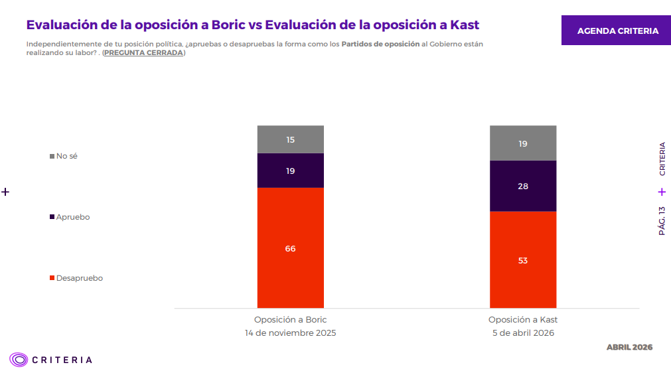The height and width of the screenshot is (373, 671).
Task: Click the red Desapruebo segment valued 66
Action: [x=290, y=248]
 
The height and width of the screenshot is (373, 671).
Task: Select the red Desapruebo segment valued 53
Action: [x=522, y=260]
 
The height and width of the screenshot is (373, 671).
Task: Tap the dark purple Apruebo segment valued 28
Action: [x=522, y=186]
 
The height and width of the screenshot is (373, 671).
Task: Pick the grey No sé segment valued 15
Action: [x=290, y=139]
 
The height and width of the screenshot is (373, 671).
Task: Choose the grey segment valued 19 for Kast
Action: [x=522, y=143]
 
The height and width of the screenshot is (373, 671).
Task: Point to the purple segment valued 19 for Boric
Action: [x=290, y=171]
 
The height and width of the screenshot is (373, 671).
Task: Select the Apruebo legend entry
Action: [x=70, y=217]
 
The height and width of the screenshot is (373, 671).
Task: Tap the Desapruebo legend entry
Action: [x=76, y=278]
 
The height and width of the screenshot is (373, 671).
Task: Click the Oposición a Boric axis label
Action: [x=290, y=319]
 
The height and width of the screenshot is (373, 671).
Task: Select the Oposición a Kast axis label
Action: [x=522, y=319]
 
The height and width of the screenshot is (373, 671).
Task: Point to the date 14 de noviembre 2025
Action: [x=290, y=333]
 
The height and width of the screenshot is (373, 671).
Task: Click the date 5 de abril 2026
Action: [x=522, y=333]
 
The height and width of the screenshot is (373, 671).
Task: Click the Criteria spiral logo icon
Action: [x=19, y=360]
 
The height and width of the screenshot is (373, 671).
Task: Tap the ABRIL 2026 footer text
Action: [x=629, y=347]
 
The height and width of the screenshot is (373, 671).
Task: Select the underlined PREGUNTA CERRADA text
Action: [x=143, y=53]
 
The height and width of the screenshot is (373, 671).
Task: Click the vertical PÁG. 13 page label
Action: [x=662, y=220]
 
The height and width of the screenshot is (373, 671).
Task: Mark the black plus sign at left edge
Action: [x=5, y=192]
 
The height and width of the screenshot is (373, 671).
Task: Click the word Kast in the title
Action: [x=464, y=25]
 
